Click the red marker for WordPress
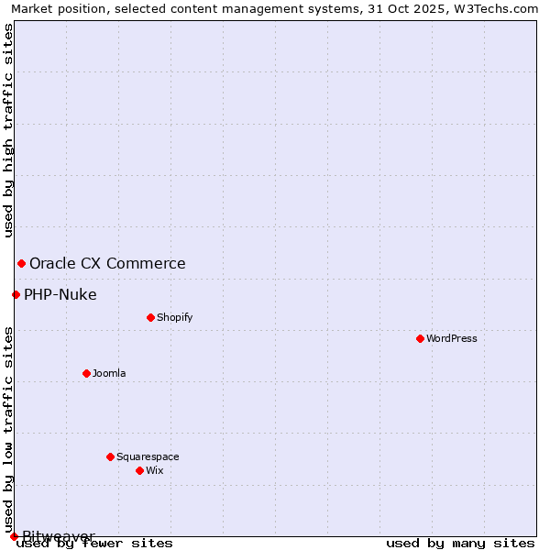point(420,338)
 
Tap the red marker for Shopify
point(150,317)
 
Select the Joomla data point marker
point(86,373)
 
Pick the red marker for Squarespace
point(110,456)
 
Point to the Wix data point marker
point(139,470)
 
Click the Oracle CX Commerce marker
point(21,263)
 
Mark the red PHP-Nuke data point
point(16,294)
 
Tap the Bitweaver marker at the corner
point(14,536)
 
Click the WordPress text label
point(452,338)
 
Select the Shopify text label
point(174,317)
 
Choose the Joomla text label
point(109,373)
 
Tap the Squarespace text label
point(148,456)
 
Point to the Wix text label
point(154,470)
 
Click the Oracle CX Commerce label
point(107,263)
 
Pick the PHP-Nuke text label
point(60,294)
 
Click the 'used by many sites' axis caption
point(460,543)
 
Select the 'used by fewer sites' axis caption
point(95,543)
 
